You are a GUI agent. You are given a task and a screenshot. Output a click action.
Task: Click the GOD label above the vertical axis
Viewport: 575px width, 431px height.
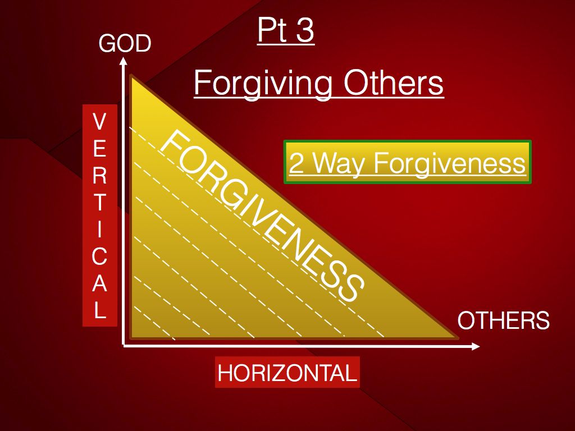pos(125,43)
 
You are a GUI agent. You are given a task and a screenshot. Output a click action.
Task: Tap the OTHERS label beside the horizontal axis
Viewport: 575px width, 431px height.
pos(504,320)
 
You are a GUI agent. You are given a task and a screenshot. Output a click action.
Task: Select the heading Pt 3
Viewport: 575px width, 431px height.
pos(286,30)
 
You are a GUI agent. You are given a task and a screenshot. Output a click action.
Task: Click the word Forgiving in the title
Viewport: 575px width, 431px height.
pos(263,84)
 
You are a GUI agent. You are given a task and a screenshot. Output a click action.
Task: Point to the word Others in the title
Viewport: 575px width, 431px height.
pos(394,83)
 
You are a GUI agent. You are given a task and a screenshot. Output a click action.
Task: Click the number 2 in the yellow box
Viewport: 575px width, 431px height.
pos(296,163)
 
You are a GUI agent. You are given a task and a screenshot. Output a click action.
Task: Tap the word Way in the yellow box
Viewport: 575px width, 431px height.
pos(340,164)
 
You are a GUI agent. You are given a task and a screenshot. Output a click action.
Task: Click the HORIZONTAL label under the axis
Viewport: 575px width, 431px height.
pos(287,373)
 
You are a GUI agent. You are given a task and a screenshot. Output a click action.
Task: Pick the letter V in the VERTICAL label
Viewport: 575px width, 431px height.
pos(99,121)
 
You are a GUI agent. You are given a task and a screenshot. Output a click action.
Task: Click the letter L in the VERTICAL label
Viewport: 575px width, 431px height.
pos(100,310)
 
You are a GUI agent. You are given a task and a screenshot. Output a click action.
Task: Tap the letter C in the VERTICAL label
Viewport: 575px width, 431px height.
pos(99,256)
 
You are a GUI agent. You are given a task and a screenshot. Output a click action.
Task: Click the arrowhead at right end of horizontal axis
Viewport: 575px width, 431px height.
pos(476,346)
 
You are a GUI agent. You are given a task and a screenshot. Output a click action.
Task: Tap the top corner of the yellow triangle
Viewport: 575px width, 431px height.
pos(131,76)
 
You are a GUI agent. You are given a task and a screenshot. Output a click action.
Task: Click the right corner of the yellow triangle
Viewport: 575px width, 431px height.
pos(458,337)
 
